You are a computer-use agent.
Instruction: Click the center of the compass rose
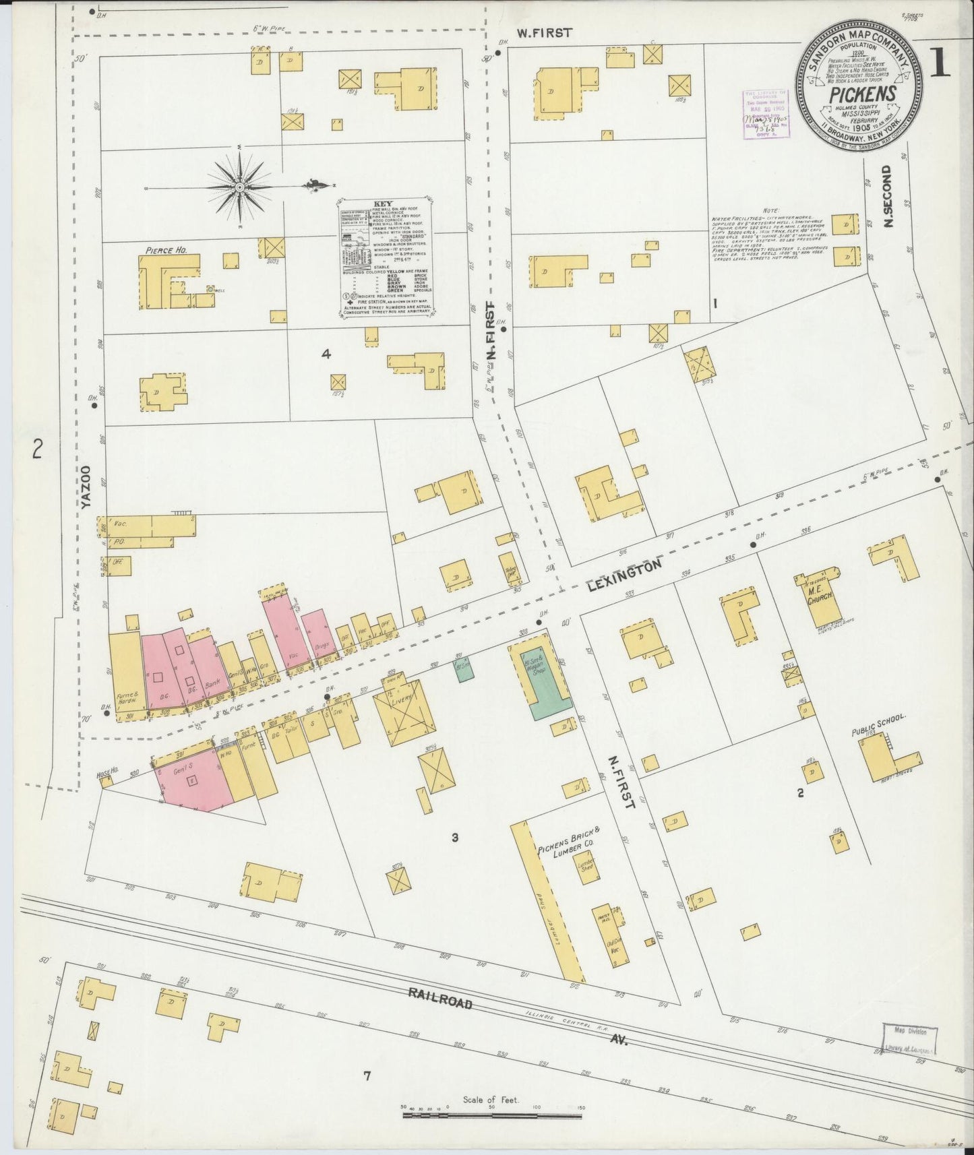(239, 185)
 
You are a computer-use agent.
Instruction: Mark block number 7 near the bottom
(367, 1076)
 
